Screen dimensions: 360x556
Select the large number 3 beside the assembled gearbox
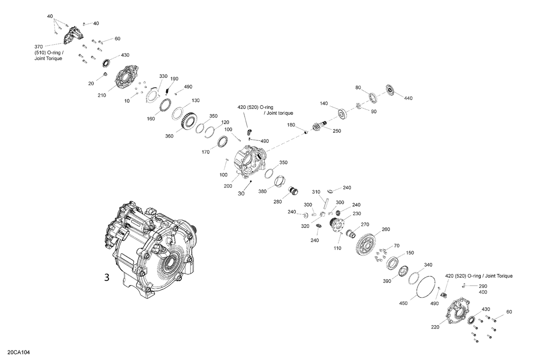click(x=107, y=277)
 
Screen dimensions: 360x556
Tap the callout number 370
click(x=39, y=47)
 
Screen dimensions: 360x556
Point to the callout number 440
click(x=408, y=98)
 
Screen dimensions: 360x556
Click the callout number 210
click(x=102, y=95)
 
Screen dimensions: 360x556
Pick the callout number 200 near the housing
click(x=228, y=186)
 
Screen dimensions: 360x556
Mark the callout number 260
click(x=385, y=229)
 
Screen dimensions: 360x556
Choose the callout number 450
click(x=403, y=303)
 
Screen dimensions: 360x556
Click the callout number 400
click(x=483, y=292)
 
